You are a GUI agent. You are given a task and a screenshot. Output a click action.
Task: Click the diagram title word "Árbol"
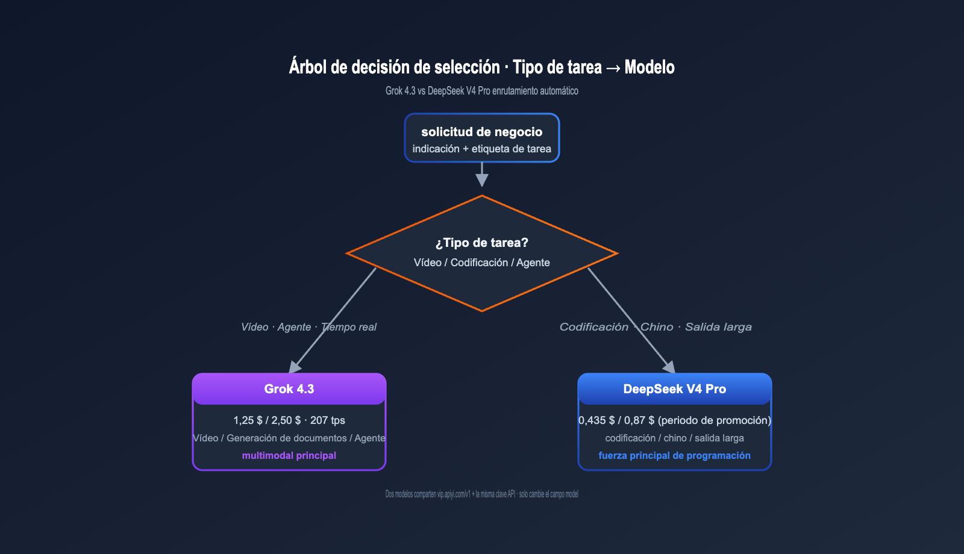coord(307,67)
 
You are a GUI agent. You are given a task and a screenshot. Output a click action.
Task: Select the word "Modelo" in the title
coord(649,67)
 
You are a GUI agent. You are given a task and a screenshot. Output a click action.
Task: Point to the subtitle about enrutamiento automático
coord(481,91)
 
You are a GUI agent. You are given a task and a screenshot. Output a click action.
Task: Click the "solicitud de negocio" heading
coord(481,132)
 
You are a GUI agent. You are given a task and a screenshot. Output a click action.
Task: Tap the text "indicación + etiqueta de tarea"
coord(481,149)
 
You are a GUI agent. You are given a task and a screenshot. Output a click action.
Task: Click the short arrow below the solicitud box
coord(481,174)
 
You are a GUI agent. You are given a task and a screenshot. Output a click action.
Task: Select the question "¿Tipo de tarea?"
coord(481,243)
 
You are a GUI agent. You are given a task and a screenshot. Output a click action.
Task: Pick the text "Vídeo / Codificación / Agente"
coord(481,263)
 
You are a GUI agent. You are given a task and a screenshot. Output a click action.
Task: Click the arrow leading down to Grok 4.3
coord(333,320)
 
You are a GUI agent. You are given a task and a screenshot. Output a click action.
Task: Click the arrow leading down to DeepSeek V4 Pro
coord(631,320)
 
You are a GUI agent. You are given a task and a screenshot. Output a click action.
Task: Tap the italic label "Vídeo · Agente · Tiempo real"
coord(308,327)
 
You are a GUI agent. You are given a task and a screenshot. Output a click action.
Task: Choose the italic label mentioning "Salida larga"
coord(656,327)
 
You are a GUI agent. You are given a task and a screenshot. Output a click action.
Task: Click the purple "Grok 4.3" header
coord(289,389)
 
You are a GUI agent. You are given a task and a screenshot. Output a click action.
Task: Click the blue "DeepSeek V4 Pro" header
coord(675,389)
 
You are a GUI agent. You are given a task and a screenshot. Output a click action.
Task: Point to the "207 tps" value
coord(328,420)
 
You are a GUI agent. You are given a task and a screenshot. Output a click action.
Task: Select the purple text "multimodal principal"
coord(289,455)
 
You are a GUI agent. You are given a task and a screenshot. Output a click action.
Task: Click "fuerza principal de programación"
coord(675,455)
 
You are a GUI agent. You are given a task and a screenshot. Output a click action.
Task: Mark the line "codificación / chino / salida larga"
coord(675,438)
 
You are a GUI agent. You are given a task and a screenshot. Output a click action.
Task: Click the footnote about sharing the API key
coord(481,494)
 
